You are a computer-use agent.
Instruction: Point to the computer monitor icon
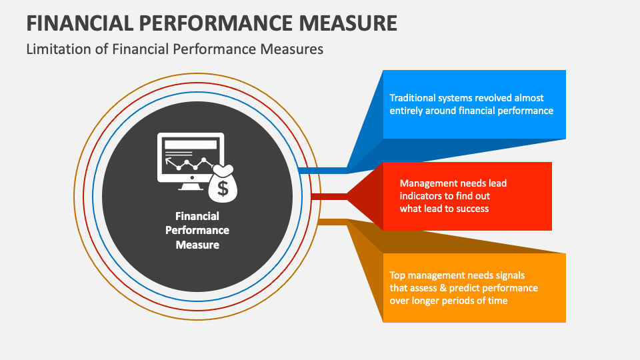[x=190, y=160]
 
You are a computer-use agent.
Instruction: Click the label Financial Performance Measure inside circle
[x=197, y=230]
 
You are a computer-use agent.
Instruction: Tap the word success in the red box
[x=471, y=208]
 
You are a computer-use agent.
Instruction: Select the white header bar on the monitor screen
[x=191, y=144]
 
